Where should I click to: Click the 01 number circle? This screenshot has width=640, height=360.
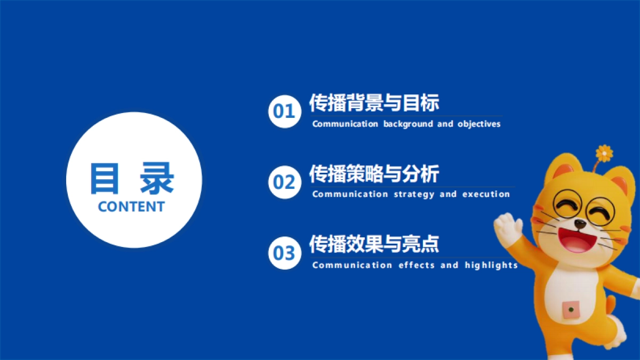284,111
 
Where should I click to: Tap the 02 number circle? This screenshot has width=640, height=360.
284,182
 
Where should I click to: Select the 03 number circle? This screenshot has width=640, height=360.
284,253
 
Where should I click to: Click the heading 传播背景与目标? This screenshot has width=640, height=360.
374,103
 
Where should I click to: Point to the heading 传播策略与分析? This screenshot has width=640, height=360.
374,174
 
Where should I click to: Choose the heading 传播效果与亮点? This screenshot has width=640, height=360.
374,245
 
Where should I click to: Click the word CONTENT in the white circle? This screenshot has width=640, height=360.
131,207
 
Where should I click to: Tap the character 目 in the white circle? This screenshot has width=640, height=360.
104,178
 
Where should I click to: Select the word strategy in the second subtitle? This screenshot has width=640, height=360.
414,195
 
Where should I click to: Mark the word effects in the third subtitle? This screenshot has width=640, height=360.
417,265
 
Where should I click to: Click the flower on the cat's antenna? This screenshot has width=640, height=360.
604,153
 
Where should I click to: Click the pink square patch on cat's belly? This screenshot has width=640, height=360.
571,309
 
